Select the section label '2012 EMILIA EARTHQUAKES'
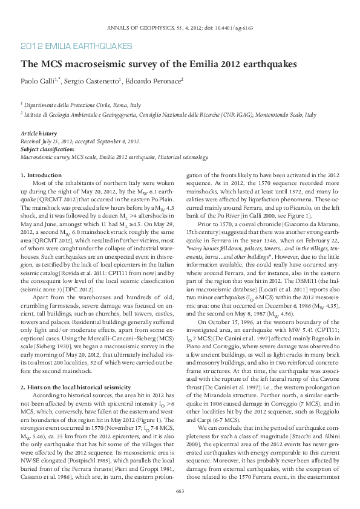tap(76, 46)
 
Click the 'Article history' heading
tap(39, 133)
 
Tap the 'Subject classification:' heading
tap(48, 149)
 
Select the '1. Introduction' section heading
tap(41, 175)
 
